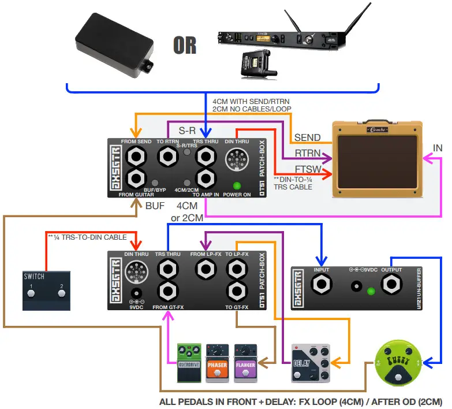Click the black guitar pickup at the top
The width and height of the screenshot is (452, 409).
[116, 46]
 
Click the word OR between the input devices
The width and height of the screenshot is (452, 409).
[184, 45]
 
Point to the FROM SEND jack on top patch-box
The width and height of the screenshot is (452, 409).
[138, 157]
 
